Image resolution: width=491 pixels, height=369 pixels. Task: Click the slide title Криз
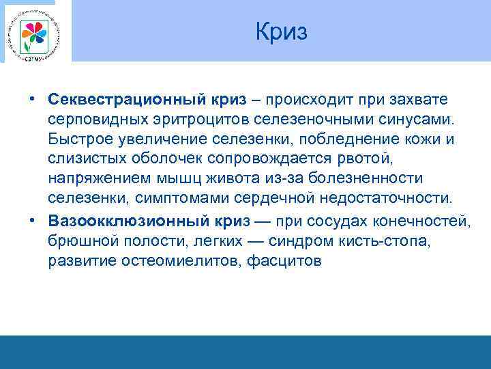pos(282,31)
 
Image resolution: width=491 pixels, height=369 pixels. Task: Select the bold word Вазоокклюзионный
pos(115,221)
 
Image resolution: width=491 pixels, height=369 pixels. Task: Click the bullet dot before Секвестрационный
pos(33,100)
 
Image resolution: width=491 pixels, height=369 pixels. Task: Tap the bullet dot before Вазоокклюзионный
pos(33,221)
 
